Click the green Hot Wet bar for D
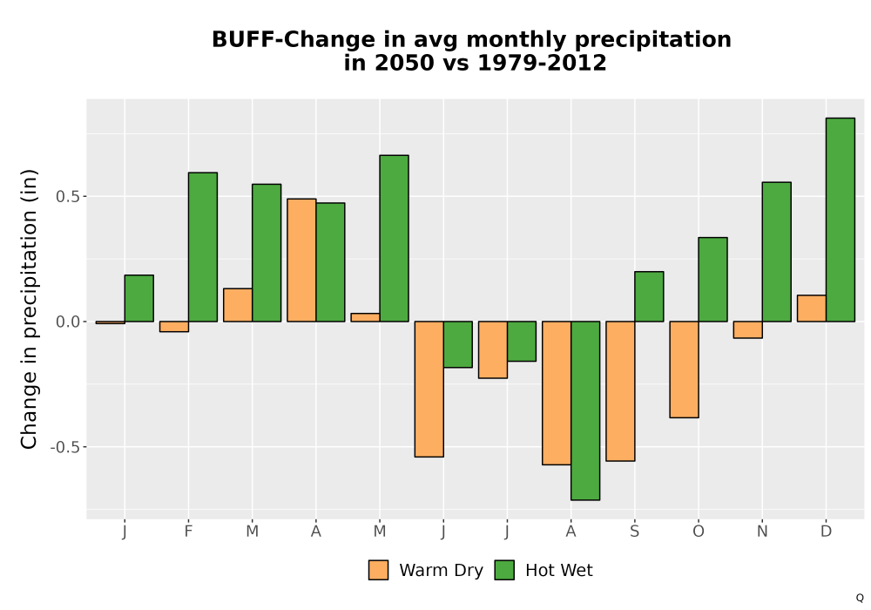[x=840, y=220]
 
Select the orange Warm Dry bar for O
[x=684, y=369]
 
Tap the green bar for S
[x=649, y=296]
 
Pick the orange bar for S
[x=620, y=391]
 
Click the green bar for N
[x=777, y=252]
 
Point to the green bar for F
[x=203, y=247]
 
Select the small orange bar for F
[x=174, y=327]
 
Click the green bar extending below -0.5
[x=585, y=410]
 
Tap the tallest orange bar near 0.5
[x=301, y=260]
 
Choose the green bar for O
[x=712, y=280]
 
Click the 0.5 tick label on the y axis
[x=68, y=197]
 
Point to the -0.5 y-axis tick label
[x=65, y=447]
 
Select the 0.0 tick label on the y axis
[x=68, y=322]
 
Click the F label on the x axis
[x=188, y=532]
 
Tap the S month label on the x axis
[x=634, y=532]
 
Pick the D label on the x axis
[x=826, y=532]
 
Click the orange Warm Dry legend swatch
[x=378, y=570]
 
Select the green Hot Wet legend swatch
[x=504, y=570]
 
